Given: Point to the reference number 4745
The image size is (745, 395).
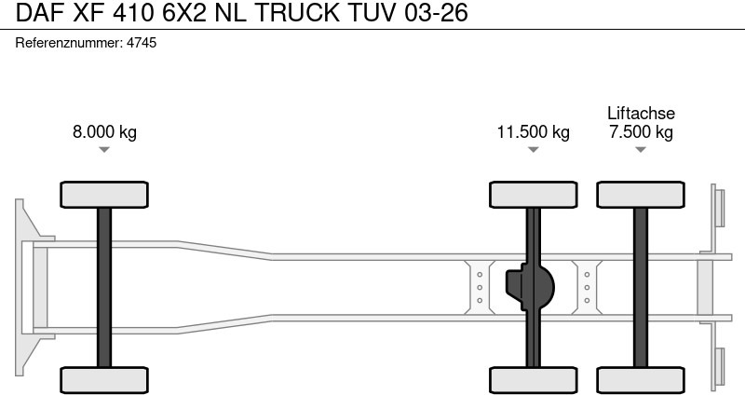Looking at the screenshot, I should [x=141, y=43].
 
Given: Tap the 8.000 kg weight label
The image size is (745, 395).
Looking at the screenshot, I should [x=104, y=131].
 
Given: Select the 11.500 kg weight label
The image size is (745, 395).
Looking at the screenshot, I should [x=533, y=131].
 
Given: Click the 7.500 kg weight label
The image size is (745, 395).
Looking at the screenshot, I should [x=641, y=131].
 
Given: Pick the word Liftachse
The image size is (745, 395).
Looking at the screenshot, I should [x=641, y=113].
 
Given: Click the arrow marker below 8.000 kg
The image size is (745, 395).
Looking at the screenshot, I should [x=104, y=150].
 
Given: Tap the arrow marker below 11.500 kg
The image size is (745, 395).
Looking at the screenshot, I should [x=533, y=150].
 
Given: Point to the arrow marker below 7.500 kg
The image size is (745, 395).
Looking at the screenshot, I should [x=641, y=150].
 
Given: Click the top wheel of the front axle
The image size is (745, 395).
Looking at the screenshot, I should [x=104, y=195].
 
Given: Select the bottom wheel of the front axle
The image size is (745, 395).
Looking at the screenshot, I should [x=104, y=379].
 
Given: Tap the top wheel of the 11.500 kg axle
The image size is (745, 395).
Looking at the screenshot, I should [x=533, y=195].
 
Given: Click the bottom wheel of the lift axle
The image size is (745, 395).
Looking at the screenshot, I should [x=641, y=379].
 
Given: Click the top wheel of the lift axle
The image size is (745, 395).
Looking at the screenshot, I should [x=641, y=195].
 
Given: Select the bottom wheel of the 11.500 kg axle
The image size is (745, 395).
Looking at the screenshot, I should [x=533, y=379].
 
